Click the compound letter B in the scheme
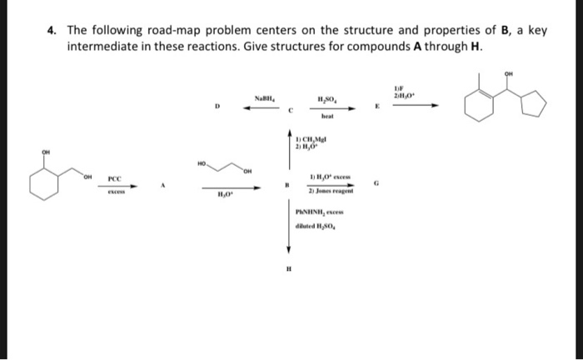(287, 186)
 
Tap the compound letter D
(217, 106)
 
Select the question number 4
(51, 31)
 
